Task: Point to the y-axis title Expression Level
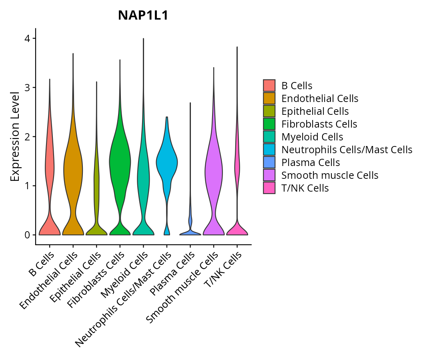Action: click(15, 136)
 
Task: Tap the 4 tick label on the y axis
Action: click(28, 38)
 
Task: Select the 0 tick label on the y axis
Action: click(28, 235)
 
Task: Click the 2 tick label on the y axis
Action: click(28, 137)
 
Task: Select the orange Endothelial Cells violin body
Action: click(73, 168)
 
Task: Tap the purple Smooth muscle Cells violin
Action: click(213, 168)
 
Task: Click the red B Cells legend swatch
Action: click(269, 86)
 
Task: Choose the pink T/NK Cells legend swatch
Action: click(269, 188)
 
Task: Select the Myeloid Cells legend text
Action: click(312, 137)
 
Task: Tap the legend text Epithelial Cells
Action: click(315, 111)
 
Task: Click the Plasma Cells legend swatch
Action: click(269, 162)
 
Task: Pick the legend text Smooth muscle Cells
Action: click(330, 175)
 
